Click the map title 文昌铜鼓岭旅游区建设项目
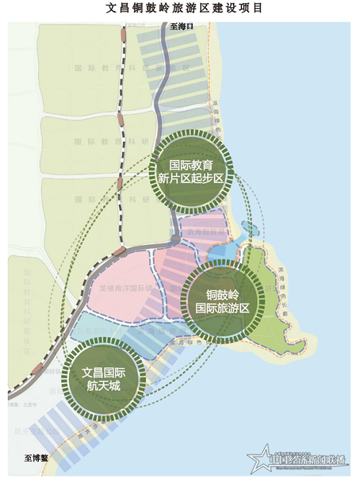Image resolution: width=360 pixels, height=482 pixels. click(179, 9)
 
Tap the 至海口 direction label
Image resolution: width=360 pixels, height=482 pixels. click(182, 27)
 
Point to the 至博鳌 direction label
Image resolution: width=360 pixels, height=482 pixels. click(35, 458)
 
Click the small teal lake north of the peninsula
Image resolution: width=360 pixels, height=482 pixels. click(248, 229)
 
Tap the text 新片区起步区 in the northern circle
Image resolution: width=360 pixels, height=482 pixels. click(192, 179)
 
